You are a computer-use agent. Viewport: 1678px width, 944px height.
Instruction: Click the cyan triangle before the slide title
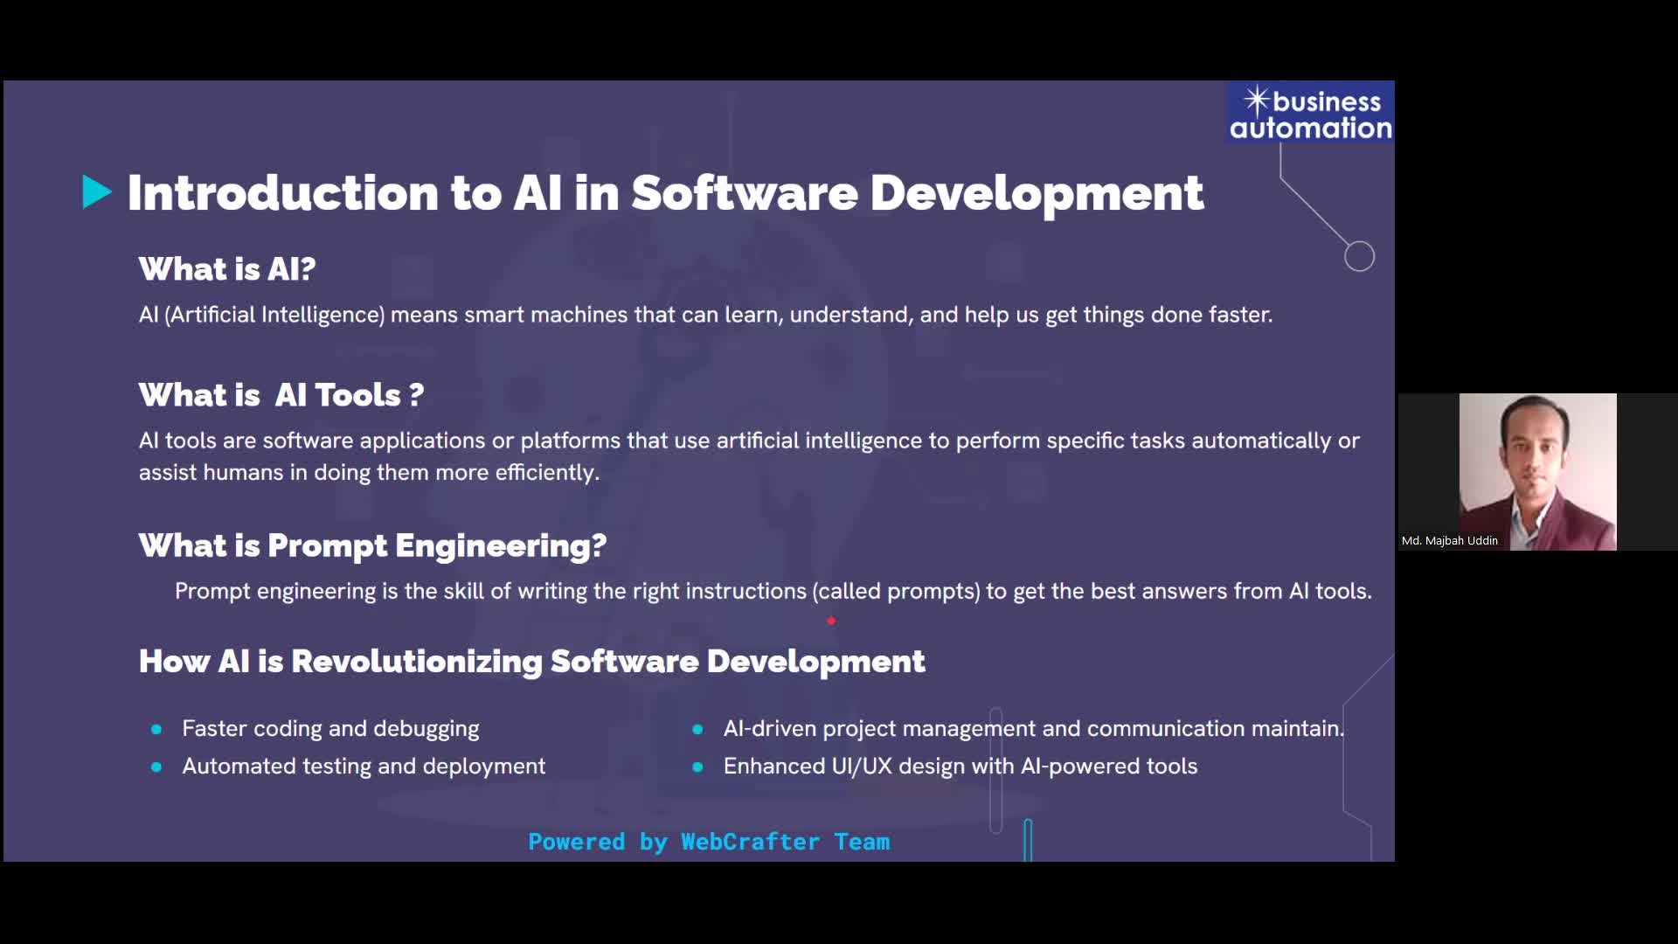coord(96,192)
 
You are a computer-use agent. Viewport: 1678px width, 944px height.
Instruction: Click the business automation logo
coord(1310,114)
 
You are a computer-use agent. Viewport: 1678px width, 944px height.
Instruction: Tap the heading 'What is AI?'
coord(227,269)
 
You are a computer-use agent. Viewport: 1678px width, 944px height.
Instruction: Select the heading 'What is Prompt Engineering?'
coord(372,545)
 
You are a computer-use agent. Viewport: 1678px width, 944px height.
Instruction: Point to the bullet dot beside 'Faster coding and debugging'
coord(156,729)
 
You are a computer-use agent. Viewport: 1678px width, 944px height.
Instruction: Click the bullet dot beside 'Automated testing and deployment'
coord(156,767)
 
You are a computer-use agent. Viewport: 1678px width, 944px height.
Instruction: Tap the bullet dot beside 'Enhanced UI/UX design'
coord(697,767)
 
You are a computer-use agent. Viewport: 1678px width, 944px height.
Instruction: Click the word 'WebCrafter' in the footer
coord(750,842)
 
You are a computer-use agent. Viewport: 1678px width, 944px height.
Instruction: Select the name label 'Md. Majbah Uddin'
coord(1449,541)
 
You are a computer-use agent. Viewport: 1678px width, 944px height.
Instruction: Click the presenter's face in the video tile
coord(1535,448)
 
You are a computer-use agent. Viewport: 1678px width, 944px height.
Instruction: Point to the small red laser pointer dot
coord(831,621)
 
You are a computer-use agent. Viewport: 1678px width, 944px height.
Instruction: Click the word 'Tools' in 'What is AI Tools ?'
coord(357,395)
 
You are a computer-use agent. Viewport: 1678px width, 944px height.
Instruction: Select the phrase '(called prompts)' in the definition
coord(896,592)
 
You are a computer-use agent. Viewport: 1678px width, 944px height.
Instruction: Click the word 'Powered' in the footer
coord(577,842)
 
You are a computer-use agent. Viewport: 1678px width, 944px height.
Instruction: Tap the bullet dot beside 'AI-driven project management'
coord(697,729)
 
